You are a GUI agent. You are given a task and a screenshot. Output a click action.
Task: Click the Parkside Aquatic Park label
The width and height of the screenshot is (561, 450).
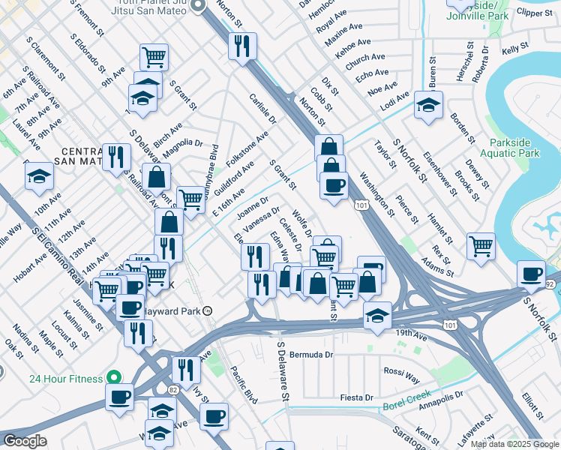[x=514, y=148]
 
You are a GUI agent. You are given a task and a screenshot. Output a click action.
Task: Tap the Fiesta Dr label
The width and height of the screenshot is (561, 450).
[x=357, y=397]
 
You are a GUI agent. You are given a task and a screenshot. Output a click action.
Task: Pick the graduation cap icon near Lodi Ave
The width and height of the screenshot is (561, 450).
[x=428, y=105]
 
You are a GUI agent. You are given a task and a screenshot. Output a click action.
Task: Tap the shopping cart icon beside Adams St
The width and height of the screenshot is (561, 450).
[x=481, y=245]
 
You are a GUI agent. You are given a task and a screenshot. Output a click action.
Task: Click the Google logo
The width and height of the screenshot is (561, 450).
[x=25, y=441]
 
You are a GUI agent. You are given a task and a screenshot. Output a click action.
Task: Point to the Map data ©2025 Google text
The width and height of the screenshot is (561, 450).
[x=514, y=444]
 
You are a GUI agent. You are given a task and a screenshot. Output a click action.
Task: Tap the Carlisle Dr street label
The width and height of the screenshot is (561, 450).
[x=263, y=109]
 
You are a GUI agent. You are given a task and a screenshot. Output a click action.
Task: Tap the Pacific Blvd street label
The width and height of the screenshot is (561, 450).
[x=244, y=385]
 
